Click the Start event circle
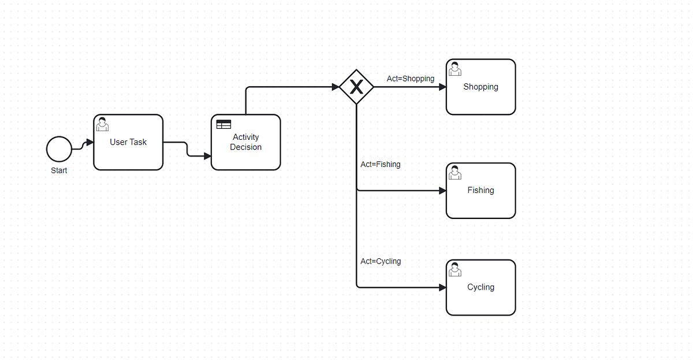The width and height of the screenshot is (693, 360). [x=59, y=149]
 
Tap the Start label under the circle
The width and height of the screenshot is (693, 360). [x=59, y=170]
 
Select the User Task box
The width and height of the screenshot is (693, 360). [x=128, y=142]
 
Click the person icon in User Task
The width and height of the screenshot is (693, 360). [x=102, y=124]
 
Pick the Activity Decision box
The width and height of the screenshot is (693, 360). [x=246, y=142]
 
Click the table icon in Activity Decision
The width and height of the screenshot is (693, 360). [x=223, y=124]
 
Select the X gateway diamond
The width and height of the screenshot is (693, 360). [x=356, y=87]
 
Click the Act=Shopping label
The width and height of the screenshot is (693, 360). [x=411, y=79]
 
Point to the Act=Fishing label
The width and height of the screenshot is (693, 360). [x=381, y=164]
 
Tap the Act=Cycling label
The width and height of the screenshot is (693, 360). [x=381, y=262]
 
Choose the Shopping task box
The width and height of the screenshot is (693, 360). [x=480, y=87]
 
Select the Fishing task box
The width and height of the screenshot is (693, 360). [x=480, y=191]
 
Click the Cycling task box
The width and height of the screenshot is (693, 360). [x=480, y=288]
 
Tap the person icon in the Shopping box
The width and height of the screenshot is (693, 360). [x=455, y=69]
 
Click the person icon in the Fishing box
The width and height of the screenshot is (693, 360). [x=455, y=173]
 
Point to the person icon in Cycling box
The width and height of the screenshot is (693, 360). [x=455, y=269]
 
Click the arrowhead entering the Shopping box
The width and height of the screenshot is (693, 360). [x=443, y=87]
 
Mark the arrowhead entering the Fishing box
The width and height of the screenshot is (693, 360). [x=443, y=191]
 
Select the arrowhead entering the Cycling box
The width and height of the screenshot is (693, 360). [x=443, y=288]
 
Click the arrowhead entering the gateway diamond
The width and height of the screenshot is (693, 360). [x=336, y=87]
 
